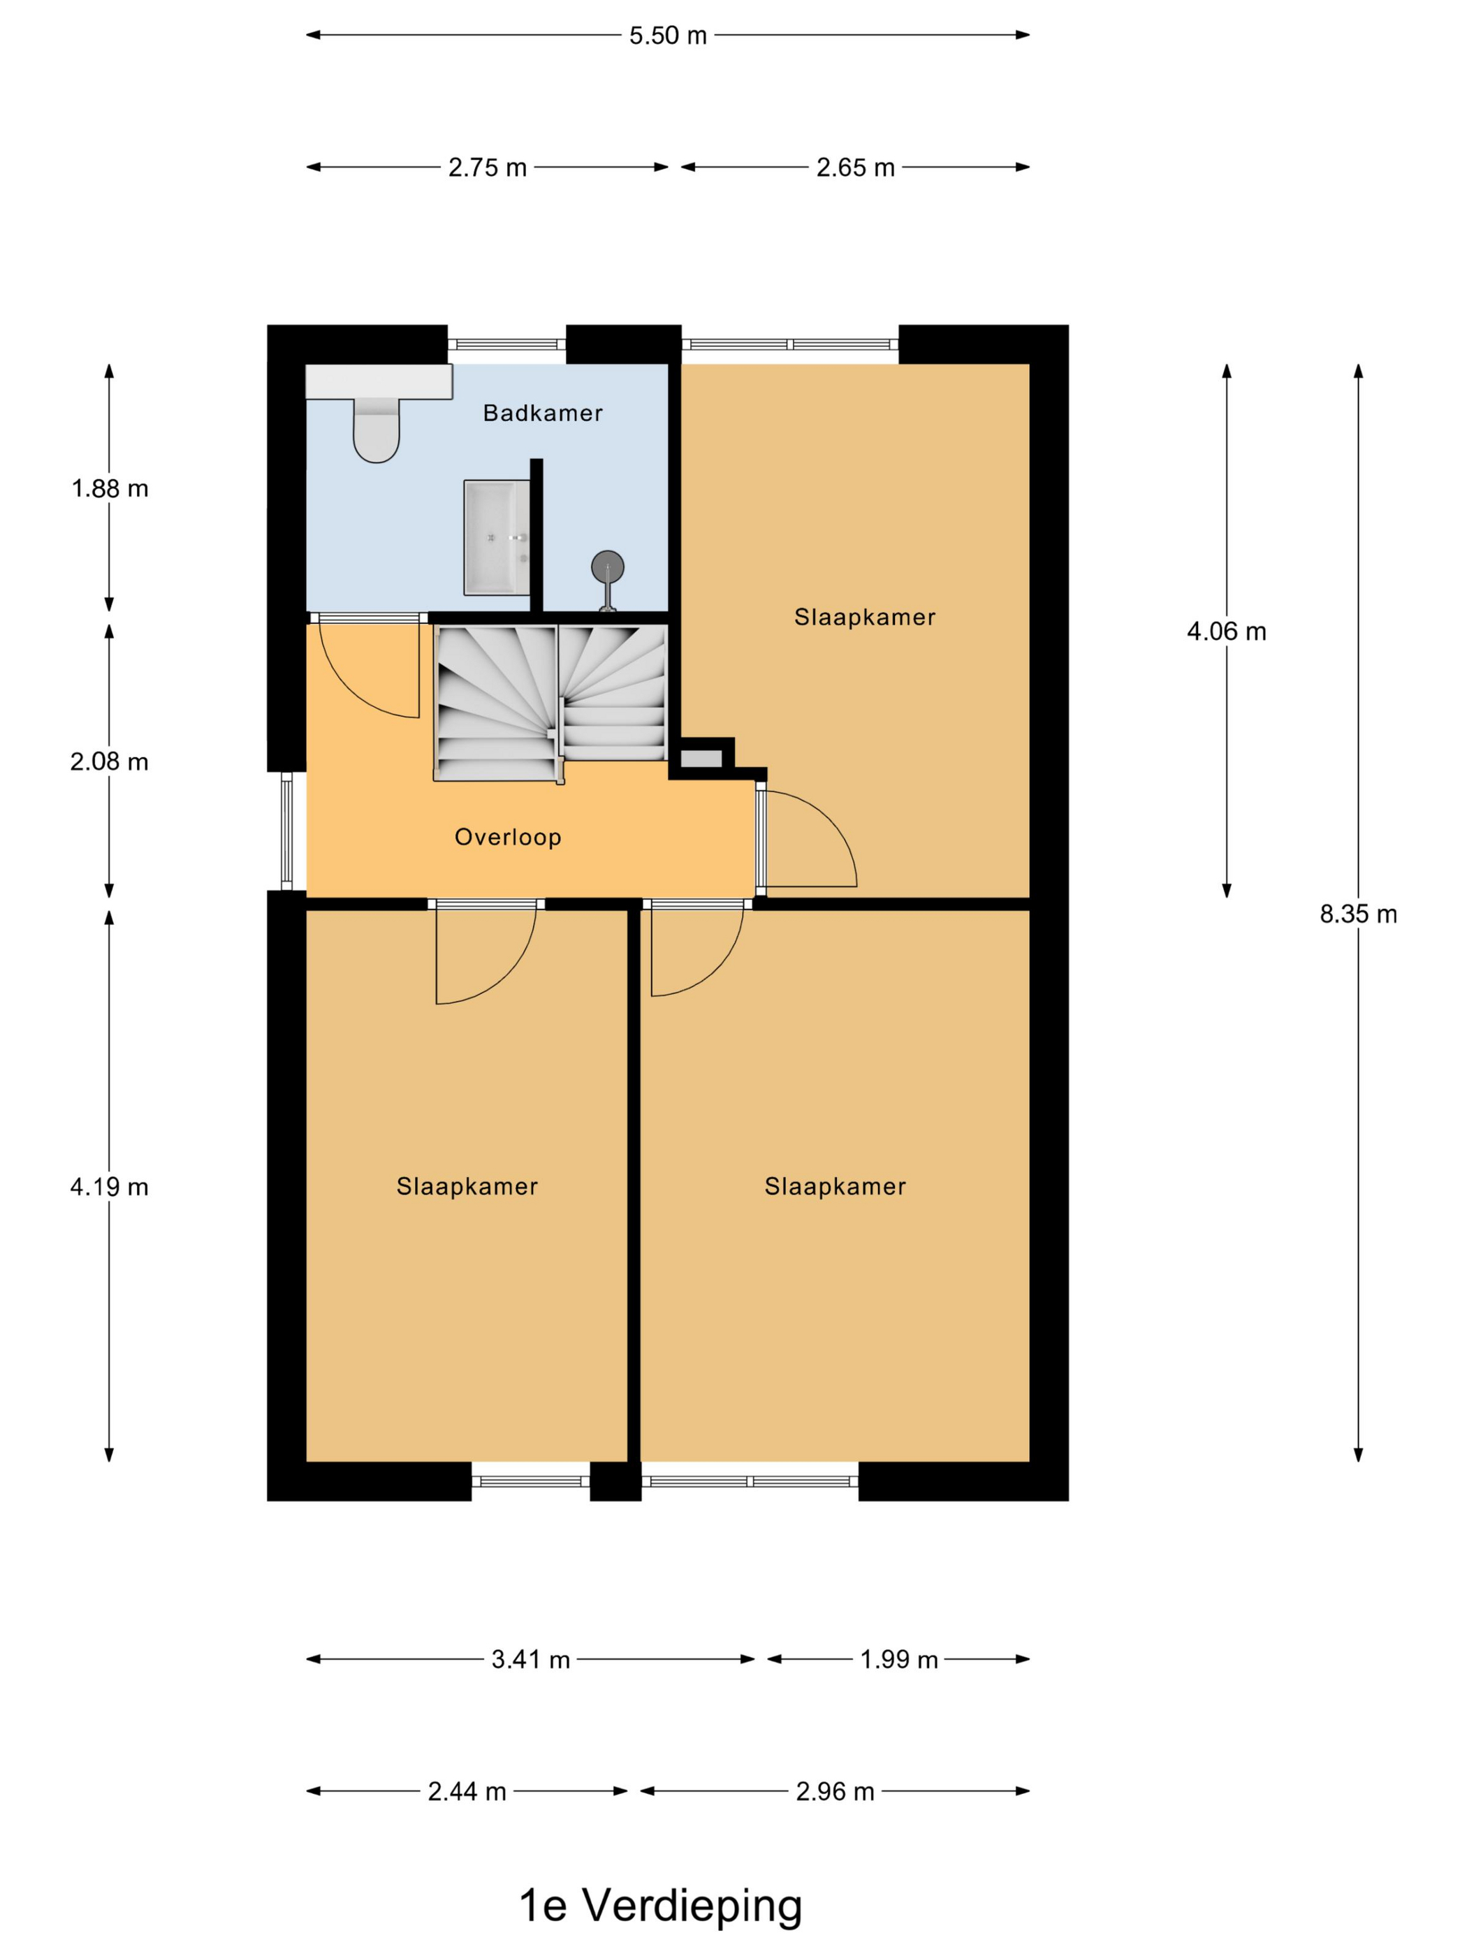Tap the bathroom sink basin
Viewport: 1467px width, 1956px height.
click(x=497, y=538)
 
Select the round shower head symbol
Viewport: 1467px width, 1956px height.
click(x=608, y=567)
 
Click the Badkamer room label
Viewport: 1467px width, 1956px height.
click(x=543, y=413)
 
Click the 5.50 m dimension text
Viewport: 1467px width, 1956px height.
click(x=668, y=36)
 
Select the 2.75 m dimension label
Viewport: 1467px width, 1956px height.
click(x=487, y=167)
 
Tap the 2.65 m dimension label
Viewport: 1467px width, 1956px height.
click(x=855, y=167)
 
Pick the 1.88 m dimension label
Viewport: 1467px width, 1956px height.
click(x=110, y=488)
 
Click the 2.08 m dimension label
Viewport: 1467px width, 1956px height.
click(x=110, y=761)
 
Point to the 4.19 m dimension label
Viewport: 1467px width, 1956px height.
click(x=110, y=1187)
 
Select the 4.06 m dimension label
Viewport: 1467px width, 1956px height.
click(x=1227, y=632)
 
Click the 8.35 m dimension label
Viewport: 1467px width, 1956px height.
click(x=1358, y=914)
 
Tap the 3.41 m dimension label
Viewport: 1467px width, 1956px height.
click(x=530, y=1660)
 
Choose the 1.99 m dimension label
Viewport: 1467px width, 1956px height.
click(x=898, y=1660)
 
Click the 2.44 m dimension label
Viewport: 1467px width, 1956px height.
click(x=467, y=1792)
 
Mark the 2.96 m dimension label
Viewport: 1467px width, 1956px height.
click(x=835, y=1792)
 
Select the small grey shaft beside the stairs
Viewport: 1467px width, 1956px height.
click(x=701, y=758)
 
